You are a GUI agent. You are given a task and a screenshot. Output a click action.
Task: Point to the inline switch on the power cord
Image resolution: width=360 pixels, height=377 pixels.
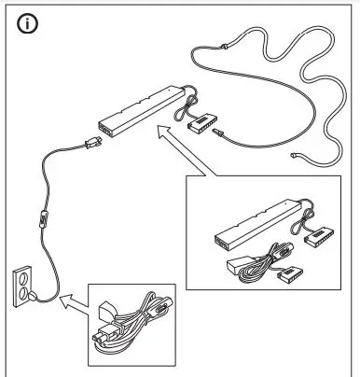(x=43, y=225)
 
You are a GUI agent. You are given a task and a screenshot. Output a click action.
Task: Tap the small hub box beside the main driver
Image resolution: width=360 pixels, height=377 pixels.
(x=201, y=121)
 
